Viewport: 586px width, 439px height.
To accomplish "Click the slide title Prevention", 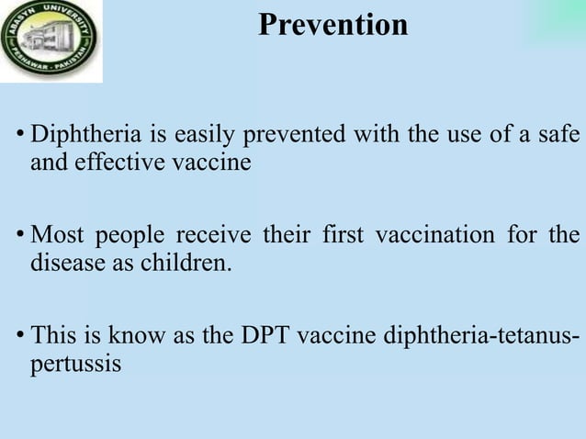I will pos(332,25).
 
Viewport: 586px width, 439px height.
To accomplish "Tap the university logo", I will pos(51,41).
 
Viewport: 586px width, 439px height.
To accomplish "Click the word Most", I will pos(57,235).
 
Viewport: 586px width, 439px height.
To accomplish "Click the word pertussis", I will pos(75,362).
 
